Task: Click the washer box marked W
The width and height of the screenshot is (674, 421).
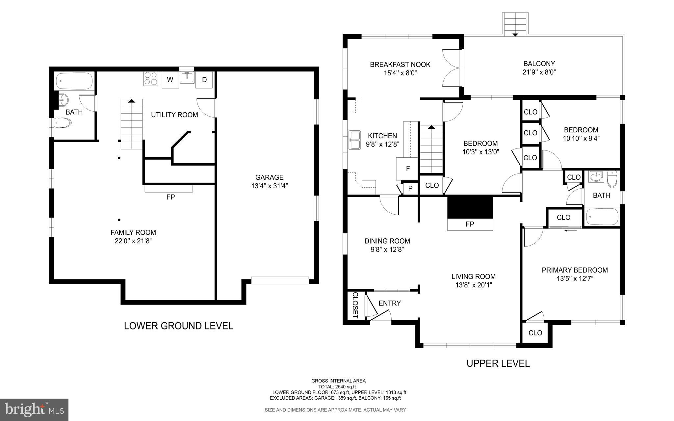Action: click(x=170, y=80)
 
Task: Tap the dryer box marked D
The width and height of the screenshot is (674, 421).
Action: click(x=204, y=80)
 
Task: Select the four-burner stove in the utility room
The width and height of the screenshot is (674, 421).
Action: click(x=150, y=79)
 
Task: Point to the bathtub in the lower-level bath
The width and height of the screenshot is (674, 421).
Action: click(x=74, y=81)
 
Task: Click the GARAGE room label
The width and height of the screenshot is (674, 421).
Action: click(x=269, y=177)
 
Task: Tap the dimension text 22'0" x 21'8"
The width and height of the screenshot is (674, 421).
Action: click(x=133, y=241)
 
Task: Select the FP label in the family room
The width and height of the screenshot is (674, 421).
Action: click(x=170, y=197)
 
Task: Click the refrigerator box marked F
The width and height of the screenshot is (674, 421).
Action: click(x=408, y=169)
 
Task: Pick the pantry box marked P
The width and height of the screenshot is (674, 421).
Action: click(x=410, y=188)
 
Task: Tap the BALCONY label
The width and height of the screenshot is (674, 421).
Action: click(x=539, y=64)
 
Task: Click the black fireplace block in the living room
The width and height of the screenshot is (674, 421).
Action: click(x=470, y=207)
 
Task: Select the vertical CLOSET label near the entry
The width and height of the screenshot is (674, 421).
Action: click(x=355, y=305)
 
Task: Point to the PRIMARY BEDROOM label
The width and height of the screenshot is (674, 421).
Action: click(x=575, y=270)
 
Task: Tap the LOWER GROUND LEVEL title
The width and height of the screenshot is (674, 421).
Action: click(x=178, y=326)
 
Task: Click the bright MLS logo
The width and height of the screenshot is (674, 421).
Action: click(x=34, y=409)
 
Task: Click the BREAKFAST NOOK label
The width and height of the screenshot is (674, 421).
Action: click(x=400, y=65)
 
